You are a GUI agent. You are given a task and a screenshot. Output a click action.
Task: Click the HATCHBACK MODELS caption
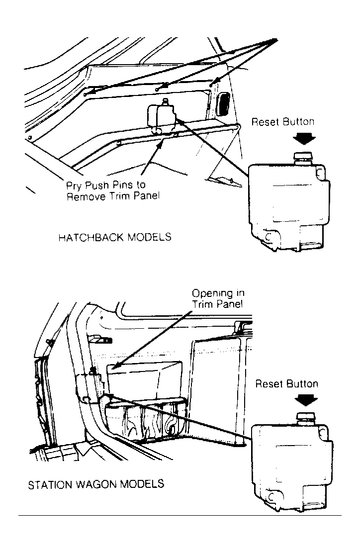pyautogui.click(x=115, y=237)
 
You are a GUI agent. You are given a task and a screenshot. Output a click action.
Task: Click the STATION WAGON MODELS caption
pyautogui.click(x=96, y=484)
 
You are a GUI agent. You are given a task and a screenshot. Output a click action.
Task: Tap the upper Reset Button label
pyautogui.click(x=282, y=122)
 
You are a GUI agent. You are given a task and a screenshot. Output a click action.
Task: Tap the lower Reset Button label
pyautogui.click(x=286, y=384)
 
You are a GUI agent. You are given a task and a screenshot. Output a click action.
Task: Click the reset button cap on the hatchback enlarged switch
pyautogui.click(x=303, y=158)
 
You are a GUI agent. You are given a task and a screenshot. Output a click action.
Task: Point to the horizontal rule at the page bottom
pyautogui.click(x=180, y=516)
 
